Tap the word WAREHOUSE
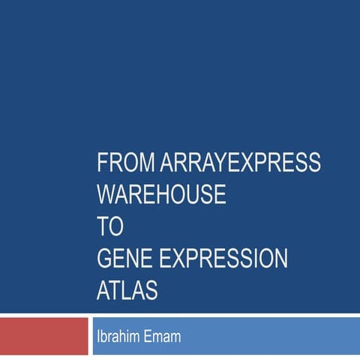pyautogui.click(x=161, y=194)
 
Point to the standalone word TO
pyautogui.click(x=109, y=226)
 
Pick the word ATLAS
pyautogui.click(x=127, y=291)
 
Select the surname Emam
pyautogui.click(x=164, y=337)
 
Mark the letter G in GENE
pyautogui.click(x=104, y=259)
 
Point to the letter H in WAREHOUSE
pyautogui.click(x=163, y=194)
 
